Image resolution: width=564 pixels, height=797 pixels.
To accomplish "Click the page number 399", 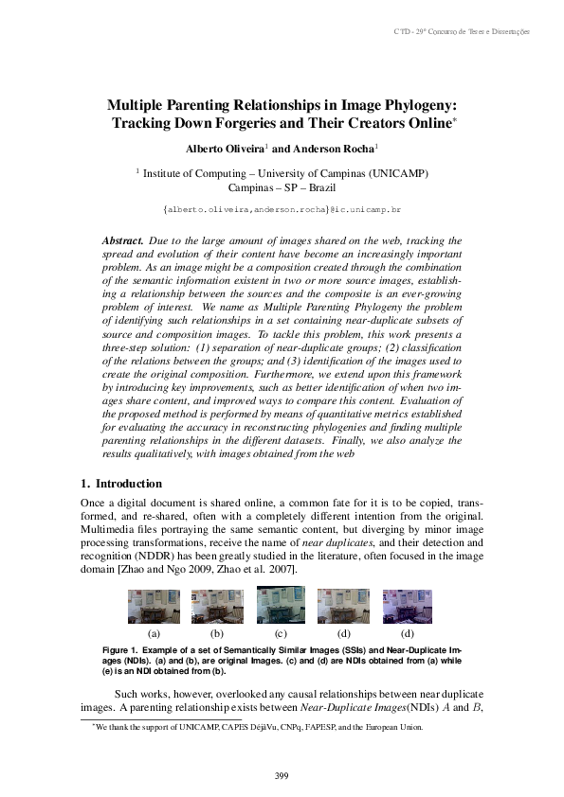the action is coord(282,775).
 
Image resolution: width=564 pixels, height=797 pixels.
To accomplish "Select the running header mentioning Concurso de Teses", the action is coord(474,32).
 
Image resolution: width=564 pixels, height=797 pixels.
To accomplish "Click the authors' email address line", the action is coord(282,207).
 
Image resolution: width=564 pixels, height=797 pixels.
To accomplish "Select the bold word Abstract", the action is coord(121,242).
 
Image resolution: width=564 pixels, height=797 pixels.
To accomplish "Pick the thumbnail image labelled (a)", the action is coord(154,606).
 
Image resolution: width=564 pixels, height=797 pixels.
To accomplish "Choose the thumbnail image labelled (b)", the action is coord(217,606).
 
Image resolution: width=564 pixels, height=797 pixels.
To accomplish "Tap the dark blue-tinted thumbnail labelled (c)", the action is coord(281,604).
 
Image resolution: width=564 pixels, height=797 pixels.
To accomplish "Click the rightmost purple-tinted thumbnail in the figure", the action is coord(408,605).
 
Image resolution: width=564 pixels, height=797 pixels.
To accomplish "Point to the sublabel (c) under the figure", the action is coord(281,632).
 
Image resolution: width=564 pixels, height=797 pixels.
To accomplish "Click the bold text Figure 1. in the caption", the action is coord(120,651).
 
